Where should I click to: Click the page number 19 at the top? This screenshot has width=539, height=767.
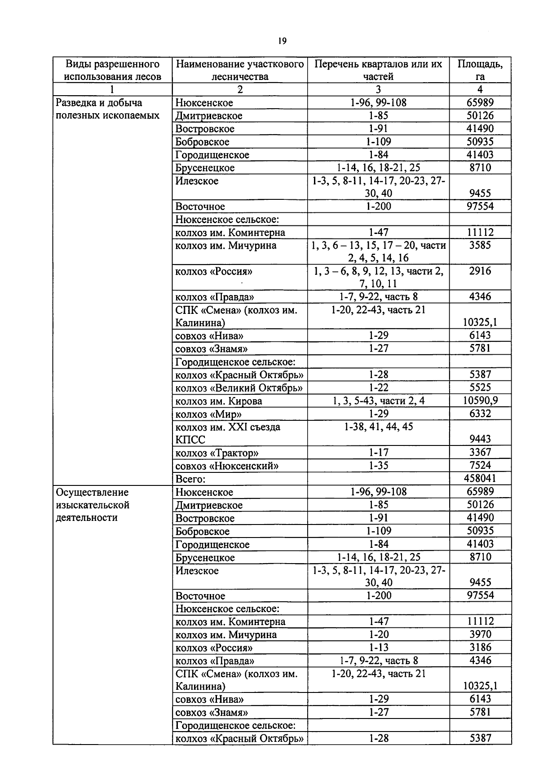pyautogui.click(x=282, y=41)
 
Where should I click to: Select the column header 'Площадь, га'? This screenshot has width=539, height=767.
pyautogui.click(x=480, y=70)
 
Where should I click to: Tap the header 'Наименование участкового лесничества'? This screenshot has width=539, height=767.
pyautogui.click(x=240, y=70)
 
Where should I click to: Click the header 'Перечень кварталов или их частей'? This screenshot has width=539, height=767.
pyautogui.click(x=378, y=70)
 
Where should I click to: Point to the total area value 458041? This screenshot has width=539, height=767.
pyautogui.click(x=480, y=478)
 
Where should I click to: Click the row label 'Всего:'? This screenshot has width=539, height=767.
pyautogui.click(x=190, y=479)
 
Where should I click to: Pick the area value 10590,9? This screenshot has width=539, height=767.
pyautogui.click(x=480, y=400)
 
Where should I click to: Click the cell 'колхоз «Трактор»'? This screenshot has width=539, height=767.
pyautogui.click(x=217, y=453)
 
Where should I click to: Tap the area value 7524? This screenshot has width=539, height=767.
pyautogui.click(x=480, y=465)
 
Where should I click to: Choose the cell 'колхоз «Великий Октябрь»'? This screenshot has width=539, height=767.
pyautogui.click(x=239, y=388)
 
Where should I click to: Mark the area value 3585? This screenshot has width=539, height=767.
pyautogui.click(x=480, y=245)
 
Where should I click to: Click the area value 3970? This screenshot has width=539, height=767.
pyautogui.click(x=480, y=635)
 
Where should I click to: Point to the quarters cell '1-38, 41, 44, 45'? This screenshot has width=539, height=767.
pyautogui.click(x=378, y=427)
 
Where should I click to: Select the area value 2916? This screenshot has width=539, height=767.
pyautogui.click(x=480, y=271)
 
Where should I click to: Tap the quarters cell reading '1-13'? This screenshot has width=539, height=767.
pyautogui.click(x=378, y=648)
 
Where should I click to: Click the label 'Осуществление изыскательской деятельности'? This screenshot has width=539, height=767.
pyautogui.click(x=93, y=505)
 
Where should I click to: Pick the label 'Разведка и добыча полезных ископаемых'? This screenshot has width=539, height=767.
pyautogui.click(x=107, y=109)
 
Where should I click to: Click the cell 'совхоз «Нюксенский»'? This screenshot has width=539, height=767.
pyautogui.click(x=227, y=466)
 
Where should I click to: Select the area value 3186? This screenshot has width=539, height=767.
pyautogui.click(x=480, y=648)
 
